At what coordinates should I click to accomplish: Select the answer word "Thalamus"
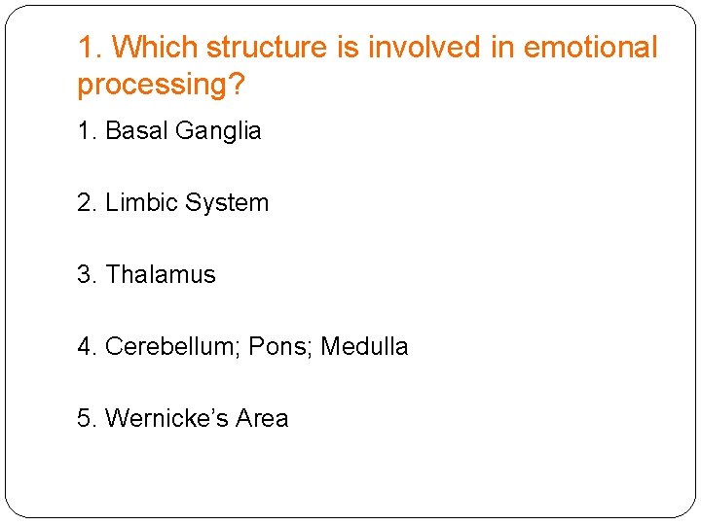click(161, 275)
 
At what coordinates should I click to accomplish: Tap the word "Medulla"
click(364, 347)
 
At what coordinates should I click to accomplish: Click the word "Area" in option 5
click(262, 419)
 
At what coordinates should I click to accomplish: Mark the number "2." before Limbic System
click(88, 203)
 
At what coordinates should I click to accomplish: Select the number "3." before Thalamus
click(88, 275)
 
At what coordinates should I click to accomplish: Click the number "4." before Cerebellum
click(88, 347)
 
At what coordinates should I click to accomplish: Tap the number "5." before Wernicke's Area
click(88, 419)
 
